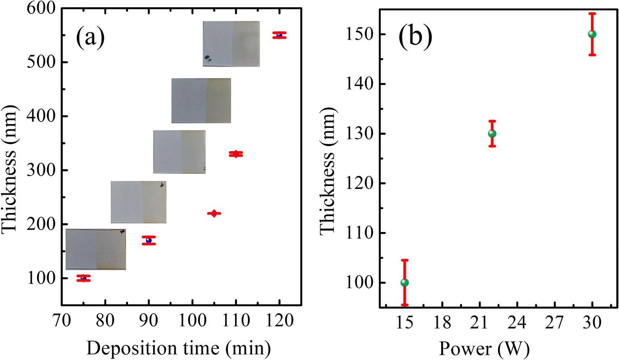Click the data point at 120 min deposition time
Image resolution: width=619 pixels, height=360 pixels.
(x=279, y=35)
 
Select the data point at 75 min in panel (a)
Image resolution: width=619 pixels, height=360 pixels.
(x=83, y=278)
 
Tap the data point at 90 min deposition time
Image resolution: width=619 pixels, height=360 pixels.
(x=148, y=240)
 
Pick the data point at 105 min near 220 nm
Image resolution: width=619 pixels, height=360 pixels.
(x=214, y=214)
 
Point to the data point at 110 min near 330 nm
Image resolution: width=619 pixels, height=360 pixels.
(x=236, y=154)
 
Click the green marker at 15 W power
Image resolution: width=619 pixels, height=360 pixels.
(x=404, y=282)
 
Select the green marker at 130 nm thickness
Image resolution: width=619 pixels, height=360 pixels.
(x=492, y=134)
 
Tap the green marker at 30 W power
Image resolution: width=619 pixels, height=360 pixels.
(x=592, y=34)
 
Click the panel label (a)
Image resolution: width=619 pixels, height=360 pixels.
(x=90, y=38)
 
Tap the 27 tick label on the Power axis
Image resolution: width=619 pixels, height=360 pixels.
(x=554, y=322)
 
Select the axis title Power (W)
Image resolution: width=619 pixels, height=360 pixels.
(x=484, y=349)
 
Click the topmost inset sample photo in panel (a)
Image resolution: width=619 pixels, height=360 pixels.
(x=231, y=44)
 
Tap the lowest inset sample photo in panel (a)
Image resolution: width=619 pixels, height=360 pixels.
(x=96, y=249)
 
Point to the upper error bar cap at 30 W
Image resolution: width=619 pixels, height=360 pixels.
(x=592, y=13)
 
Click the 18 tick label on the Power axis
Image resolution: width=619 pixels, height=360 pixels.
(x=442, y=322)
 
